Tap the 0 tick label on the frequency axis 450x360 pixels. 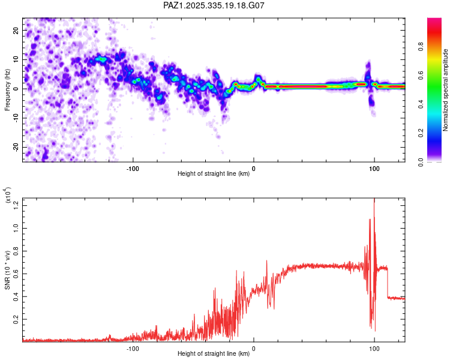(x=17, y=89)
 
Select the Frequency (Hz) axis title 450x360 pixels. (x=8, y=89)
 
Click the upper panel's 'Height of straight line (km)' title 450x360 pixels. (x=214, y=174)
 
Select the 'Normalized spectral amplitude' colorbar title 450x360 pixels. (x=445, y=89)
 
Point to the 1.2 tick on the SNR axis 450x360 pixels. (x=17, y=205)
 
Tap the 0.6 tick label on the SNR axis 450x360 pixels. (x=17, y=274)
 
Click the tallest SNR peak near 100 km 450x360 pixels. (x=374, y=202)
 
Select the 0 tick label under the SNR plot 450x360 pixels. (x=253, y=347)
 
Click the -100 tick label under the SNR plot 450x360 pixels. (x=133, y=347)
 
